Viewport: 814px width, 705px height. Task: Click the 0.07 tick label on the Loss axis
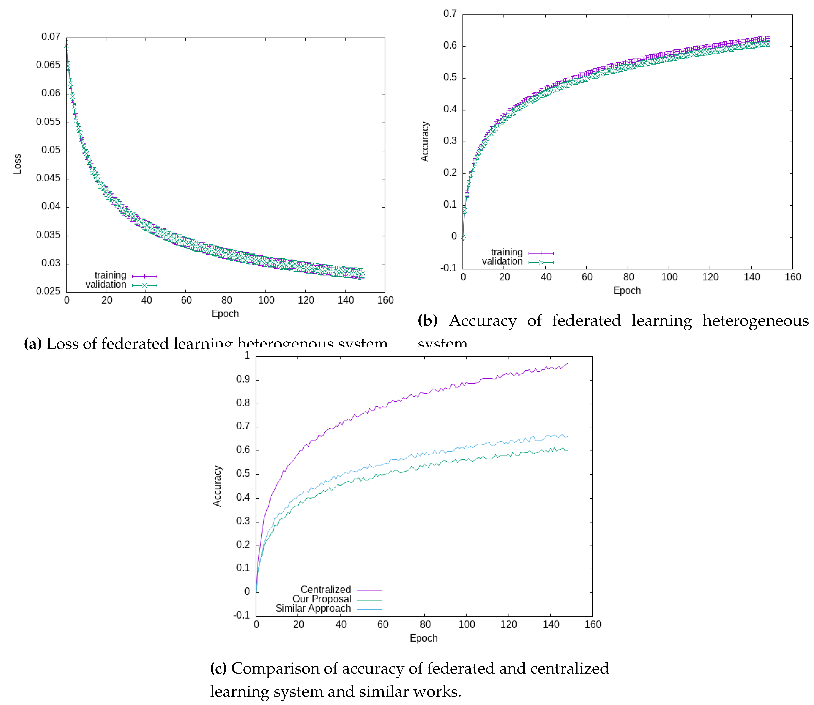tap(51, 37)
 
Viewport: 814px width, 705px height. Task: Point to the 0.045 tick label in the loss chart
tap(48, 178)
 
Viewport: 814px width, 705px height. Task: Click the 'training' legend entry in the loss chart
tap(111, 275)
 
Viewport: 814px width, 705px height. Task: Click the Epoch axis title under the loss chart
tap(225, 314)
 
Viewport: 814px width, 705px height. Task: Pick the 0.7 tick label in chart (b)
tap(450, 14)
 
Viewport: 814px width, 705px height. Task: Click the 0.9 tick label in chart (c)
tap(243, 379)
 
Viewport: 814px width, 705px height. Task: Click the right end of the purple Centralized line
tap(567, 363)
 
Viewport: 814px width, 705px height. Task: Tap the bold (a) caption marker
tap(33, 344)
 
